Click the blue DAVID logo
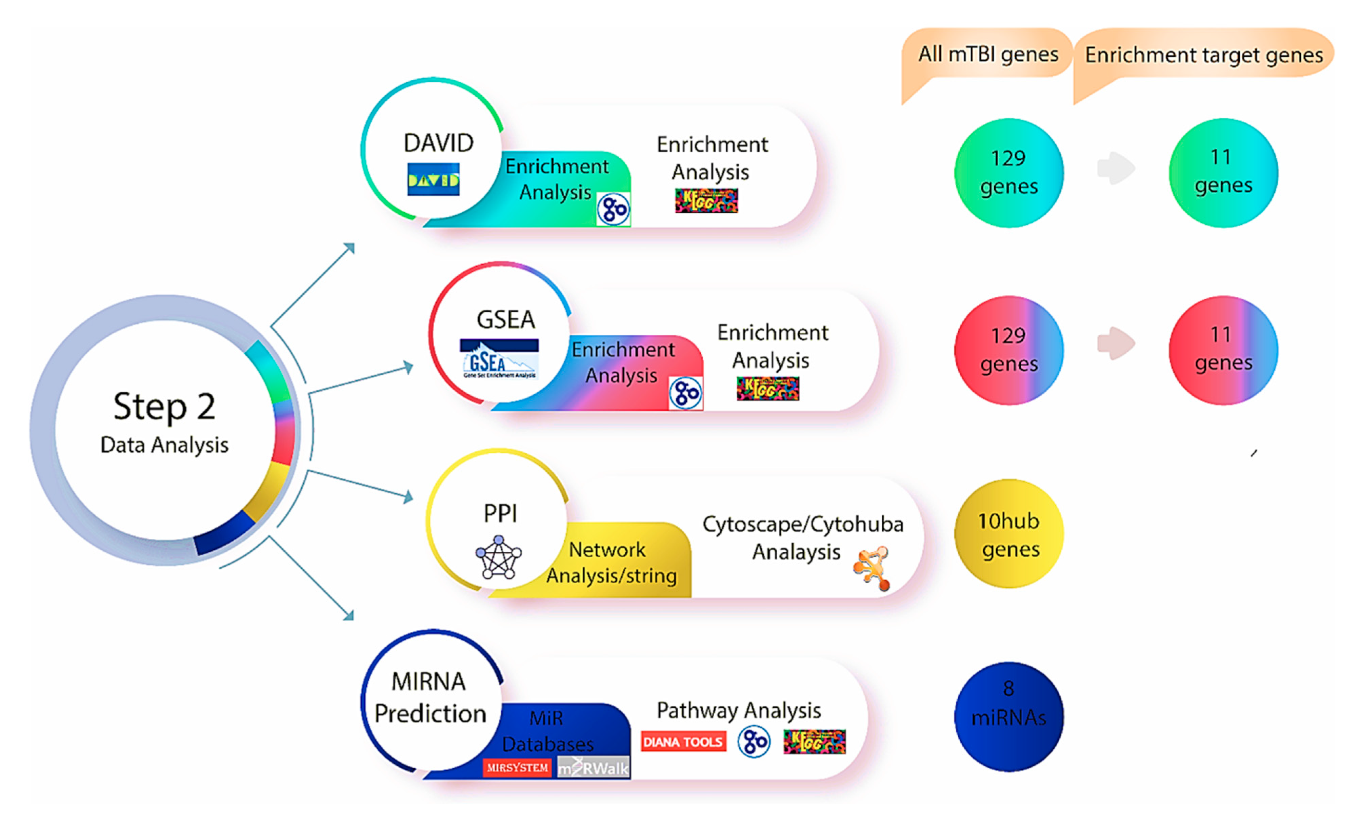coord(433,179)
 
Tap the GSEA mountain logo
coord(499,359)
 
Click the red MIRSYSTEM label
coord(517,767)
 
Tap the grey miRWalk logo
coord(593,767)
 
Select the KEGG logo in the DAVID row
coord(706,200)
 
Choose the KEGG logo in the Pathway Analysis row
coord(814,742)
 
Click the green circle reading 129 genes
coord(1008,173)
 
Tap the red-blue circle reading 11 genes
coord(1223,350)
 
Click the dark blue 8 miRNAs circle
coord(1008,716)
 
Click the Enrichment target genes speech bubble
coord(1203,55)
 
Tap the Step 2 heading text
coord(164,406)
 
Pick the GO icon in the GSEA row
coord(685,393)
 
